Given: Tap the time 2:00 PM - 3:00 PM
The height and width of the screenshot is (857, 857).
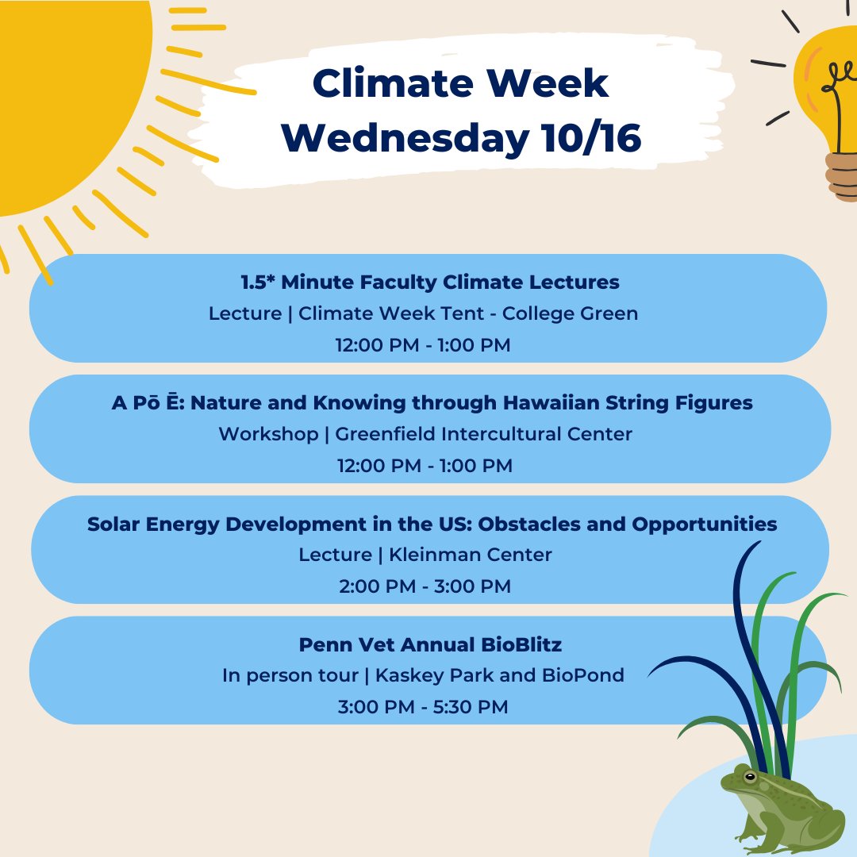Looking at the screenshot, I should tap(425, 586).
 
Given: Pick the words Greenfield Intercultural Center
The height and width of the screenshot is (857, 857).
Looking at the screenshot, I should tap(483, 434).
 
